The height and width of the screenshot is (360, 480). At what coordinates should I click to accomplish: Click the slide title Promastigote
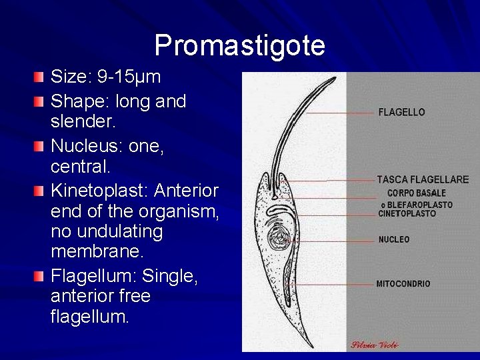click(239, 45)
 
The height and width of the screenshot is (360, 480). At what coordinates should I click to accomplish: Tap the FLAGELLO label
click(401, 113)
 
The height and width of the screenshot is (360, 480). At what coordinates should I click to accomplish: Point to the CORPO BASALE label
click(417, 193)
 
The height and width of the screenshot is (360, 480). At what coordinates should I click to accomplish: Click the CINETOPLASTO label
click(407, 214)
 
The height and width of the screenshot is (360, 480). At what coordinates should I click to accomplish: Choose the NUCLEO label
click(394, 239)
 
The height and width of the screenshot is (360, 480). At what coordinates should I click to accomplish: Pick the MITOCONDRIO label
click(403, 284)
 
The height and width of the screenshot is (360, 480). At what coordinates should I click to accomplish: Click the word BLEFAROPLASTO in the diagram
click(420, 205)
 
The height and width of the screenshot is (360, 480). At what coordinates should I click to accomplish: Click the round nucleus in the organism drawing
click(276, 237)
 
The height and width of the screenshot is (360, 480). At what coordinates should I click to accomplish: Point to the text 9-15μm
click(129, 78)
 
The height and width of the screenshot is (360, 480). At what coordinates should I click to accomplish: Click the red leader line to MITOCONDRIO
click(333, 283)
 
